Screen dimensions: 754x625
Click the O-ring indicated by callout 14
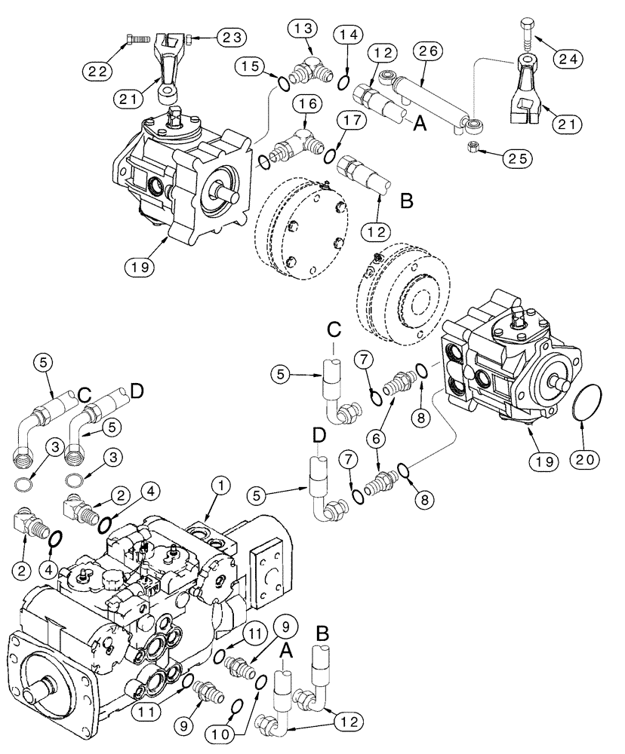[x=343, y=80]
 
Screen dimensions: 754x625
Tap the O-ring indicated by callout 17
[x=329, y=155]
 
